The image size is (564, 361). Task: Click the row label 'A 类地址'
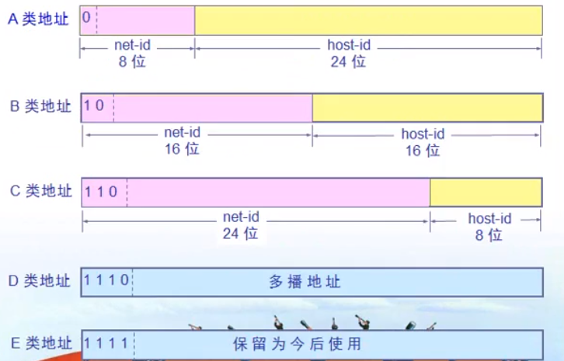38,19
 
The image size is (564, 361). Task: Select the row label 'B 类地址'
40,106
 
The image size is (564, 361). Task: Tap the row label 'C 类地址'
41,190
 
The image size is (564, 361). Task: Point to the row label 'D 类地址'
39,280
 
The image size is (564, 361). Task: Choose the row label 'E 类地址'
41,342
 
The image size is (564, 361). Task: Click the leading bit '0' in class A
86,17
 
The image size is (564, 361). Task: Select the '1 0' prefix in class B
94,106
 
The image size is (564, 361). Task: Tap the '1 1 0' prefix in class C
101,192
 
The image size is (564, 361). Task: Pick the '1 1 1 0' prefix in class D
106,279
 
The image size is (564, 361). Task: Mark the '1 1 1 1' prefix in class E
106,343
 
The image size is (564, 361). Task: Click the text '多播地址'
305,282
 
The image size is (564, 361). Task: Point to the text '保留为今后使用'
297,344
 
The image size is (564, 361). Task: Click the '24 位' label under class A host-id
348,62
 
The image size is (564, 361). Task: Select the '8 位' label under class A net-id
132,61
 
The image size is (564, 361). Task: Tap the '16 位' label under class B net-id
182,149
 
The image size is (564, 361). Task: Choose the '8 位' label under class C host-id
489,235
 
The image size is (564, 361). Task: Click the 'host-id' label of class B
423,134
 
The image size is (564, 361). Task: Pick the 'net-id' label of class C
241,217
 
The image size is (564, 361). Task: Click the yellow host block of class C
486,193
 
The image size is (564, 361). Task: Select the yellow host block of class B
427,108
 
